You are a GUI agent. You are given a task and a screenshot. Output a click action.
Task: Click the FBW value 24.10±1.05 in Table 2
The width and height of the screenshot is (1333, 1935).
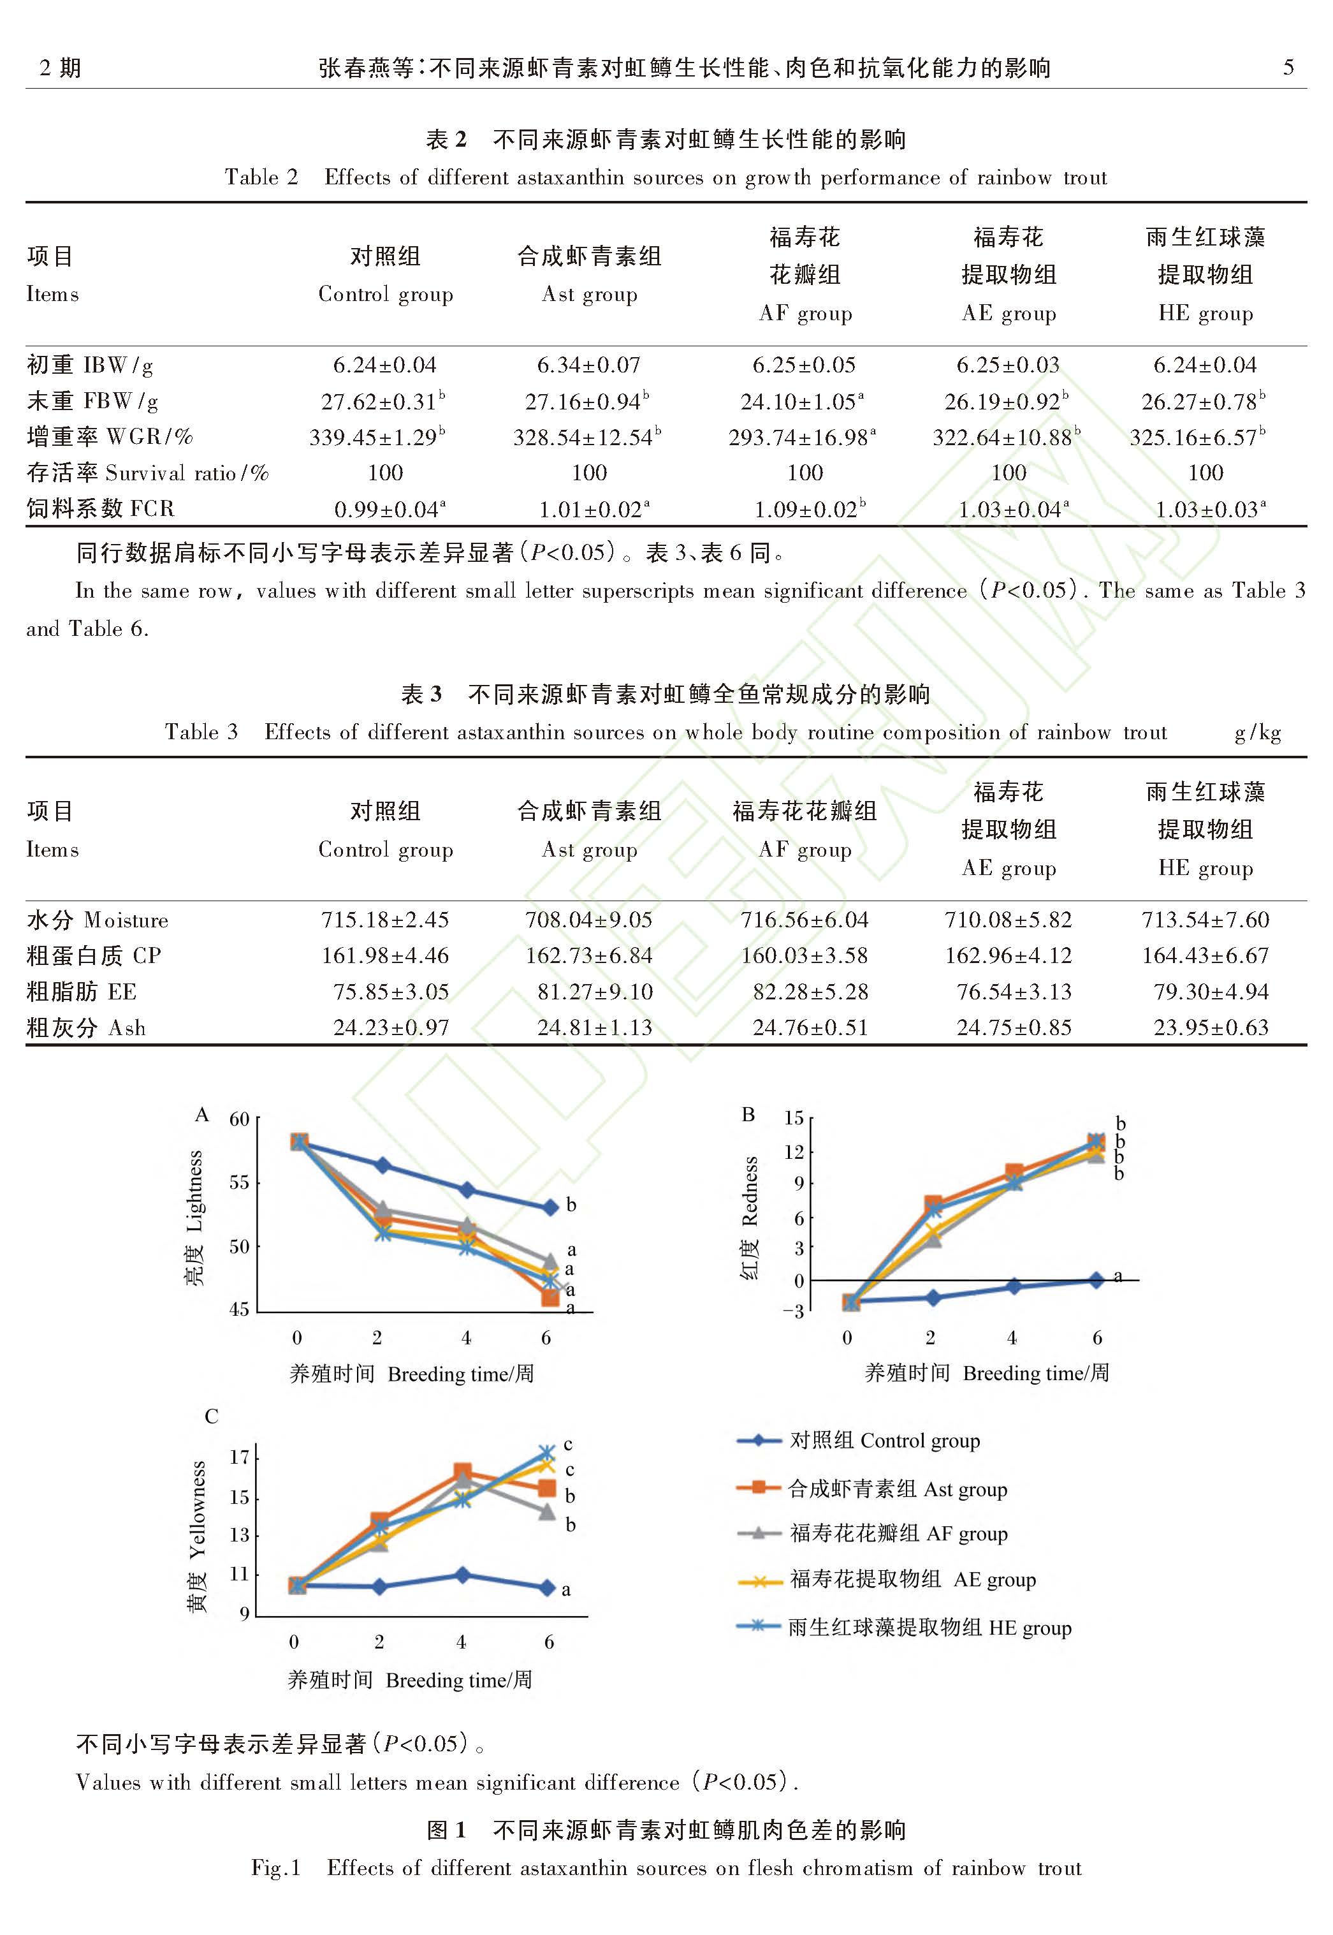click(803, 402)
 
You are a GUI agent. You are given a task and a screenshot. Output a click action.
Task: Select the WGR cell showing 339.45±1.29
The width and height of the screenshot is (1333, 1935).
click(377, 437)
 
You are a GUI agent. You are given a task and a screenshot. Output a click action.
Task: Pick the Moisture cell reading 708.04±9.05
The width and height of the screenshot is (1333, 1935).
click(589, 920)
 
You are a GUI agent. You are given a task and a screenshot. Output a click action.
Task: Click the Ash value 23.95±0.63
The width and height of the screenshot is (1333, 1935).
click(1210, 1027)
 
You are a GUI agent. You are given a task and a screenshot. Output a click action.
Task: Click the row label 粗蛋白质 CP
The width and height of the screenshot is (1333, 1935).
click(94, 956)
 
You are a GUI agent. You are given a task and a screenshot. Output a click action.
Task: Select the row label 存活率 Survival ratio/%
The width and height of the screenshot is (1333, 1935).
click(147, 473)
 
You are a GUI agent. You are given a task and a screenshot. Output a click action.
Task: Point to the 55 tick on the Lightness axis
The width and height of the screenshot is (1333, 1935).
click(239, 1182)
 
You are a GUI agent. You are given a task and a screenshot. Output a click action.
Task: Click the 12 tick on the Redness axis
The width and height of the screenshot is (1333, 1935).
click(794, 1151)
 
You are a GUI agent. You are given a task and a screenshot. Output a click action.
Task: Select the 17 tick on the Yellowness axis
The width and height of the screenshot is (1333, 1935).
click(240, 1457)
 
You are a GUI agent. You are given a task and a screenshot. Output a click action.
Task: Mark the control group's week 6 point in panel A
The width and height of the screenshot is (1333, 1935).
click(550, 1207)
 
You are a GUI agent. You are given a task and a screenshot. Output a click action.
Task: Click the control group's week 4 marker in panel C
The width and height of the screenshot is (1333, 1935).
click(463, 1575)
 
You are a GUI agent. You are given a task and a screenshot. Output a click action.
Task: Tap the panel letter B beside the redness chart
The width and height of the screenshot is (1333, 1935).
click(748, 1115)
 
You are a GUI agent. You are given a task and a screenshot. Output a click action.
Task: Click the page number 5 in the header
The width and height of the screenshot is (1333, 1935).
click(1289, 68)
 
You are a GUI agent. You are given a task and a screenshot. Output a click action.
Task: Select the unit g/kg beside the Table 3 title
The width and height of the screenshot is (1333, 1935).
click(1258, 733)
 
